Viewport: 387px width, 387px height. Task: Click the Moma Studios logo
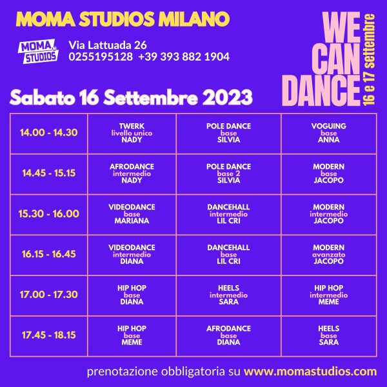pyautogui.click(x=38, y=52)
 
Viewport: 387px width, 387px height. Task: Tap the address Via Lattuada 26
pyautogui.click(x=108, y=45)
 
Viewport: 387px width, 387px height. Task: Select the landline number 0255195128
pyautogui.click(x=101, y=57)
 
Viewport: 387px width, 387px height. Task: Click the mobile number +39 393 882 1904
pyautogui.click(x=184, y=57)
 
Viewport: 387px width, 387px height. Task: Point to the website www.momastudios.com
pyautogui.click(x=310, y=372)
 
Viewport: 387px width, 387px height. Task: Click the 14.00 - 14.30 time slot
pyautogui.click(x=49, y=133)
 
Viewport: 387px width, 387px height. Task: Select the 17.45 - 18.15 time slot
pyautogui.click(x=49, y=335)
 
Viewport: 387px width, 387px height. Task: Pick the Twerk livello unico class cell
pyautogui.click(x=132, y=133)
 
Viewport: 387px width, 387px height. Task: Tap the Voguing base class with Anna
pyautogui.click(x=329, y=133)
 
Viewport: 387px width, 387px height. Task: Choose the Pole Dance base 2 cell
pyautogui.click(x=228, y=174)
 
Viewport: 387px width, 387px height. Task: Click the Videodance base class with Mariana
pyautogui.click(x=132, y=214)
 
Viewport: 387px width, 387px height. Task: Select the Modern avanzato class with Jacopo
pyautogui.click(x=329, y=255)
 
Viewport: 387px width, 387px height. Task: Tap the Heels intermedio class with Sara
pyautogui.click(x=228, y=295)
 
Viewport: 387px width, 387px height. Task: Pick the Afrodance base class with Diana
pyautogui.click(x=228, y=335)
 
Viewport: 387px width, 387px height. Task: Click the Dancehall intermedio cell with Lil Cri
pyautogui.click(x=228, y=214)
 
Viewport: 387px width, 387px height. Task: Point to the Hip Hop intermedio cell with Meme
pyautogui.click(x=329, y=295)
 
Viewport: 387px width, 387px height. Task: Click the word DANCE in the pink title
pyautogui.click(x=321, y=90)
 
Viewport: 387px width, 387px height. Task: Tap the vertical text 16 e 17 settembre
pyautogui.click(x=369, y=59)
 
